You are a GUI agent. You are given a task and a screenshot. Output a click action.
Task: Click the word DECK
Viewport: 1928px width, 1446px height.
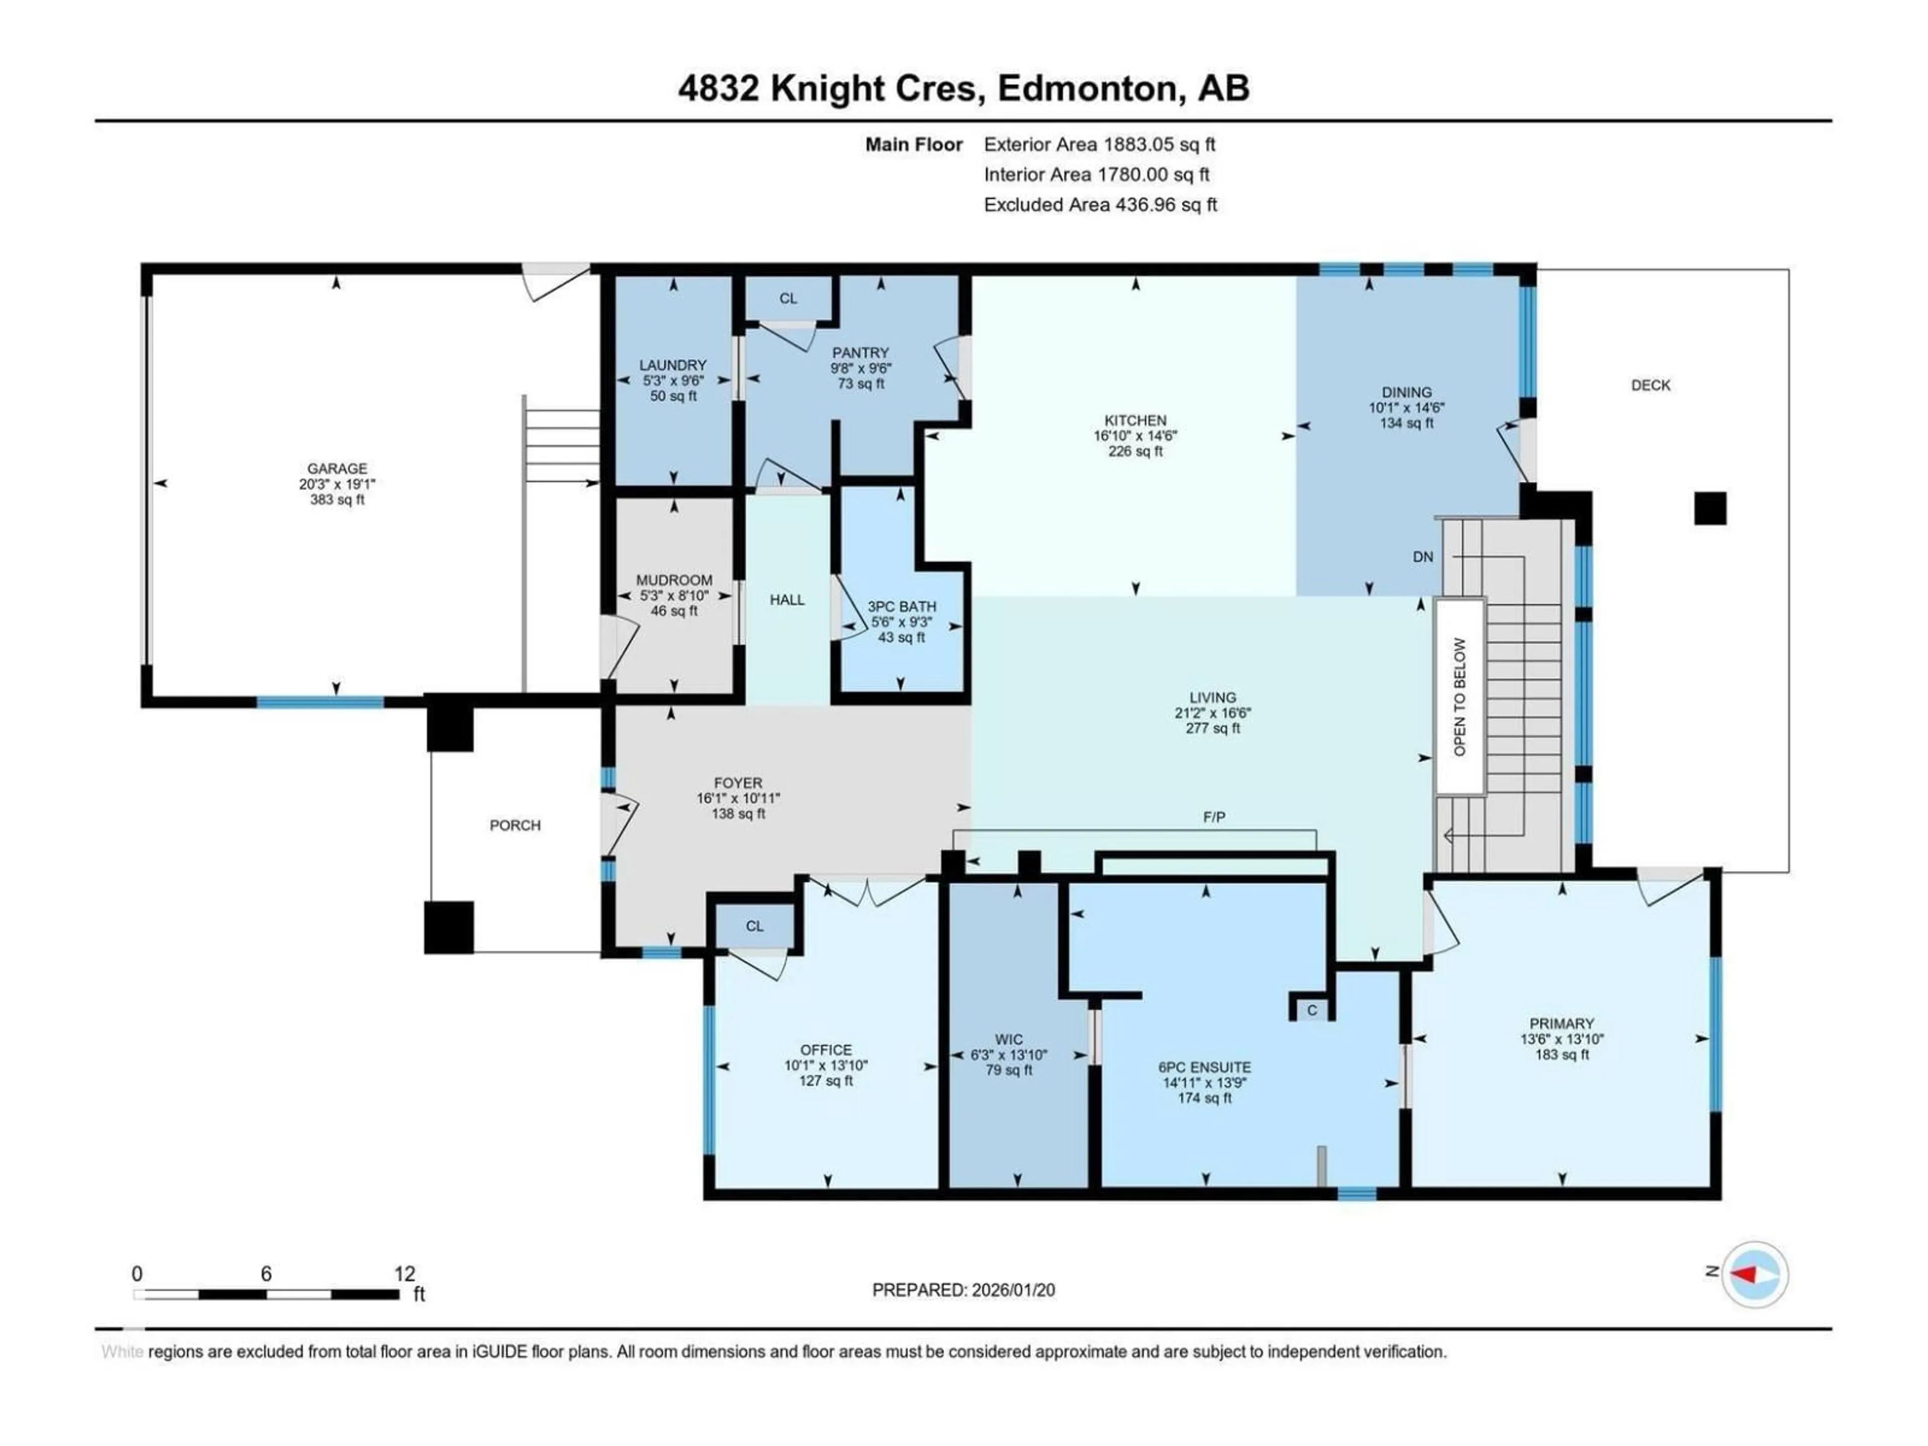coord(1650,385)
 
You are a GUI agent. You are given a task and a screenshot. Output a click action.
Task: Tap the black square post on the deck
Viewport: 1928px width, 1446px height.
coord(1709,508)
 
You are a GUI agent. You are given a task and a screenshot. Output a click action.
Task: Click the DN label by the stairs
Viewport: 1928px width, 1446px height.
coord(1422,557)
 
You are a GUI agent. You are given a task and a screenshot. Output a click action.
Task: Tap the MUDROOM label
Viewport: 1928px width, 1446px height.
coord(674,579)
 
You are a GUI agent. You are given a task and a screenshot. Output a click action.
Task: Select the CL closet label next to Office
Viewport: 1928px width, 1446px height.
coord(754,926)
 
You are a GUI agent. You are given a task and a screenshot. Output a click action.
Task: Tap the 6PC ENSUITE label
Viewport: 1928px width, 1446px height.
coord(1204,1067)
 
